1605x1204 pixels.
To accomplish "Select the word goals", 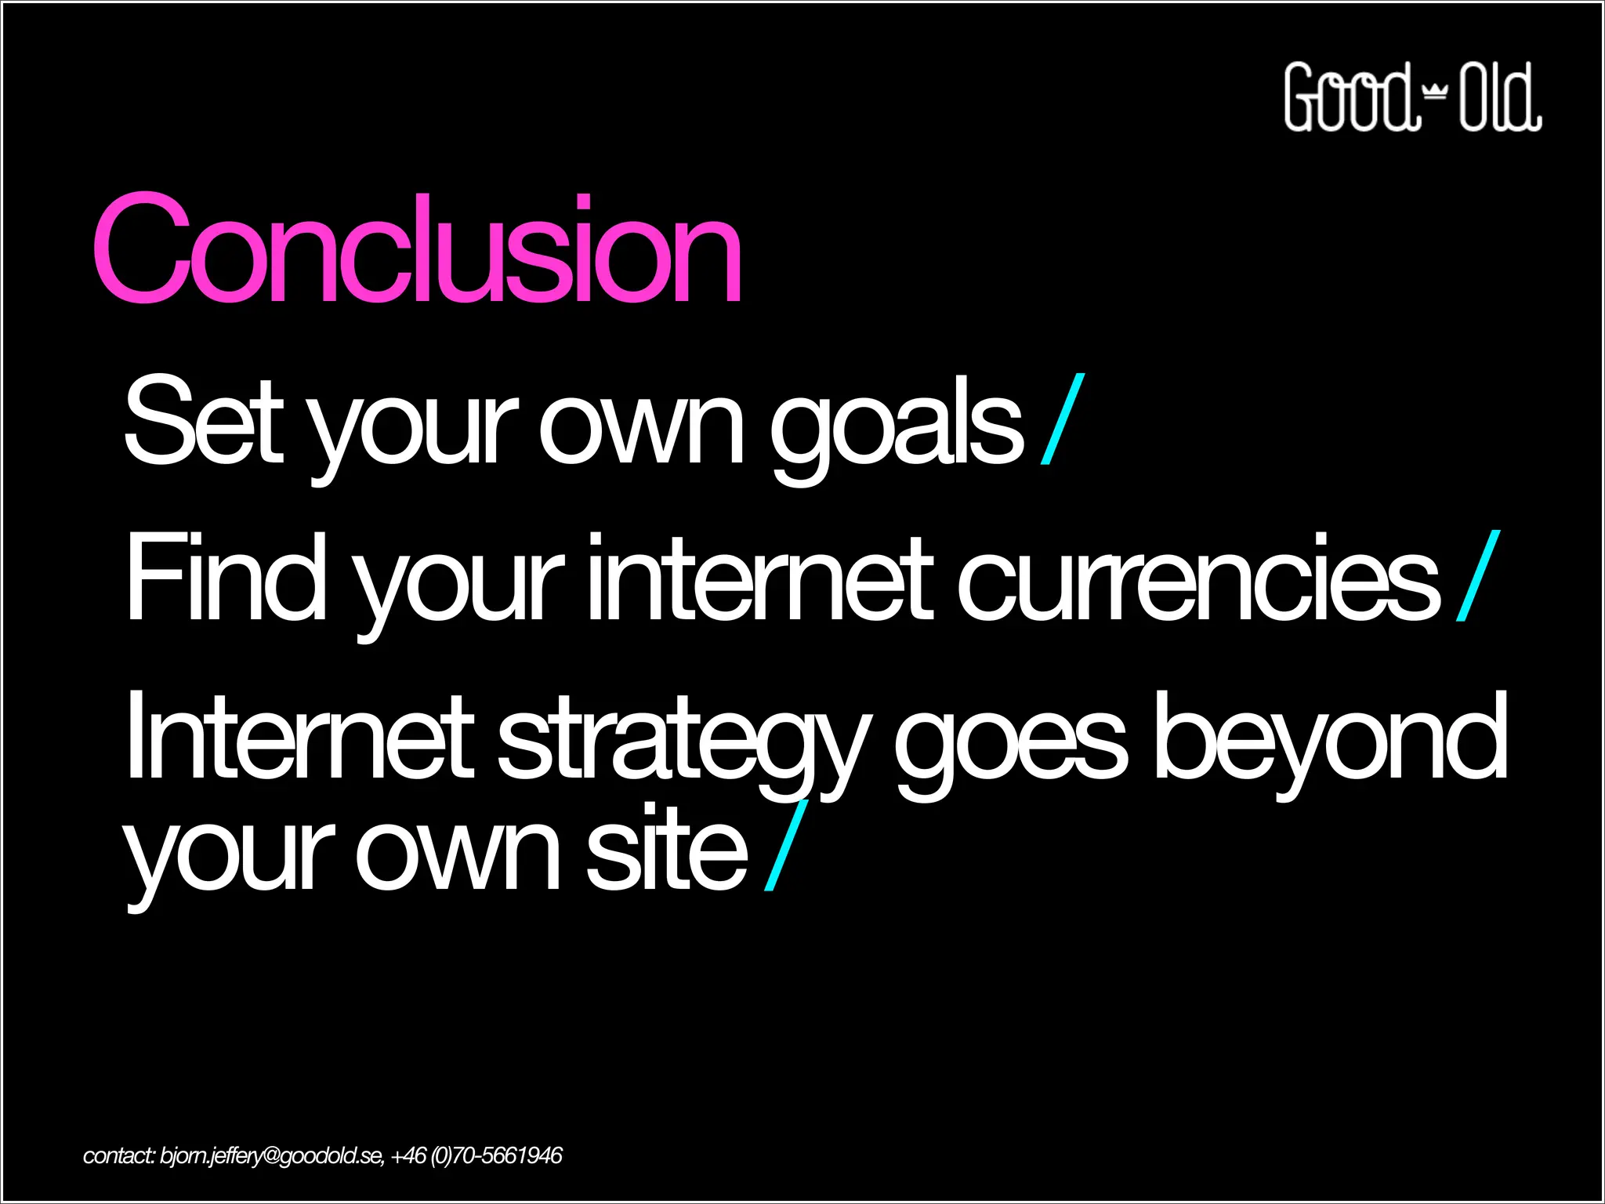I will coord(897,427).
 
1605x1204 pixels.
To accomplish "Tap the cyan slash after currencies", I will coord(1478,575).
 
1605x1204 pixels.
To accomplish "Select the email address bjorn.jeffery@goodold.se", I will coord(271,1156).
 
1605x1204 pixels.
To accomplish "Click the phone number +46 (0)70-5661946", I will coord(476,1156).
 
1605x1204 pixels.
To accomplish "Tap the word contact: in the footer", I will coord(119,1156).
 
